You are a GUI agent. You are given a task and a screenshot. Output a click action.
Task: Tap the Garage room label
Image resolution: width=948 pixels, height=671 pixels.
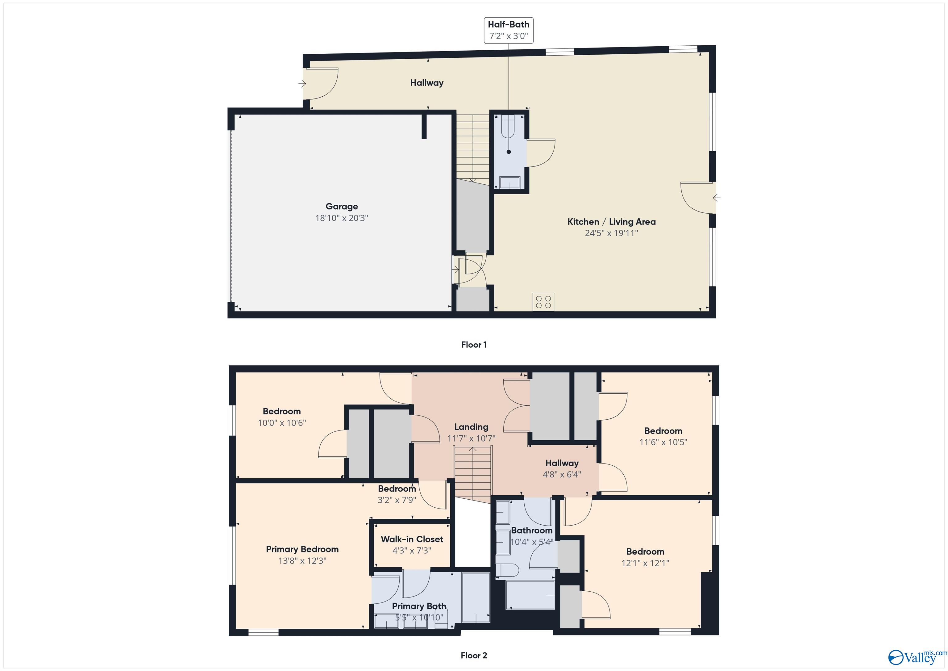tap(342, 206)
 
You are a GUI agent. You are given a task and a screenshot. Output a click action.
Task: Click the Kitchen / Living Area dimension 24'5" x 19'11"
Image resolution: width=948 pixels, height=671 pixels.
tap(611, 233)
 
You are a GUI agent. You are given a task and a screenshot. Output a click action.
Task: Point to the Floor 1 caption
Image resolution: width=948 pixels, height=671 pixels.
tap(474, 345)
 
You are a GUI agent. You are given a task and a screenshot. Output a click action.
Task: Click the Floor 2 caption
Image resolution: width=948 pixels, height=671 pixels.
tap(474, 655)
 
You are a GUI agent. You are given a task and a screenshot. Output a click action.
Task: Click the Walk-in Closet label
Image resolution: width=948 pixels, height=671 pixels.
tap(412, 539)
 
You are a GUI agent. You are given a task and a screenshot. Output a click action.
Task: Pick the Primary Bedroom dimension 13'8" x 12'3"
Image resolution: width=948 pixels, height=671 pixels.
tap(302, 561)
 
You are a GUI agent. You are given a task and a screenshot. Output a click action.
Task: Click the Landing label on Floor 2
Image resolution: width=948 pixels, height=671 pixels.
tap(471, 427)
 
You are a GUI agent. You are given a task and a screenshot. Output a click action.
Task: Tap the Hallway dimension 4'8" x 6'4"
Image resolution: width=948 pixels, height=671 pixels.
tap(562, 474)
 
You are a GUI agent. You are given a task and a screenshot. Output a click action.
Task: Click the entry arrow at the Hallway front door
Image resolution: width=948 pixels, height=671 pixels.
tap(302, 84)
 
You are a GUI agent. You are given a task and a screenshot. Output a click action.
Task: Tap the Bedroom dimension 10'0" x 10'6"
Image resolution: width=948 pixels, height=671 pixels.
tap(282, 423)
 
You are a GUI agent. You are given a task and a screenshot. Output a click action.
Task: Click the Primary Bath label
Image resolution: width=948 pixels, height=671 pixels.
tap(419, 606)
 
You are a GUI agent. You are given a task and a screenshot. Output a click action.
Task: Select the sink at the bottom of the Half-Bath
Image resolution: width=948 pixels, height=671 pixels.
tap(510, 182)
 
